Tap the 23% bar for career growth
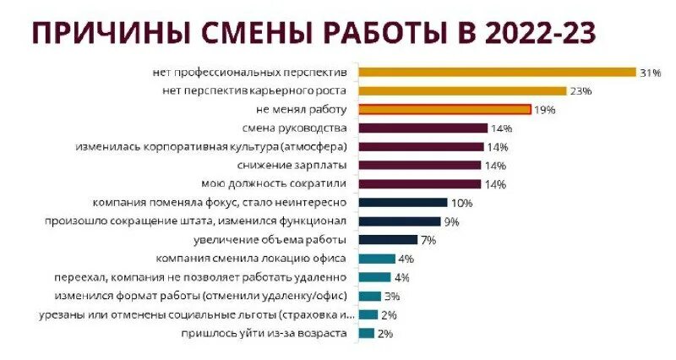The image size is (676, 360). pyautogui.click(x=462, y=91)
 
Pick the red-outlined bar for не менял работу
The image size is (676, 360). pyautogui.click(x=444, y=110)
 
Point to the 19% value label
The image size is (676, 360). pyautogui.click(x=545, y=110)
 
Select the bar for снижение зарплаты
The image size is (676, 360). pyautogui.click(x=420, y=166)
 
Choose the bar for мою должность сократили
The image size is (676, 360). pyautogui.click(x=420, y=184)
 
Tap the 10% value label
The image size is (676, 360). pyautogui.click(x=461, y=203)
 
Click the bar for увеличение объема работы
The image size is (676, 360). pyautogui.click(x=388, y=240)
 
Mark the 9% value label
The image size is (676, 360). pyautogui.click(x=451, y=221)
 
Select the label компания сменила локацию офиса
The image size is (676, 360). pyautogui.click(x=252, y=259)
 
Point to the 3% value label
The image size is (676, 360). pyautogui.click(x=391, y=296)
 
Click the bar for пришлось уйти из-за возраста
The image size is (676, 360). pyautogui.click(x=366, y=333)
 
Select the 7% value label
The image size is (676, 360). pyautogui.click(x=428, y=240)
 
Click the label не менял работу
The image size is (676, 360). pyautogui.click(x=301, y=110)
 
